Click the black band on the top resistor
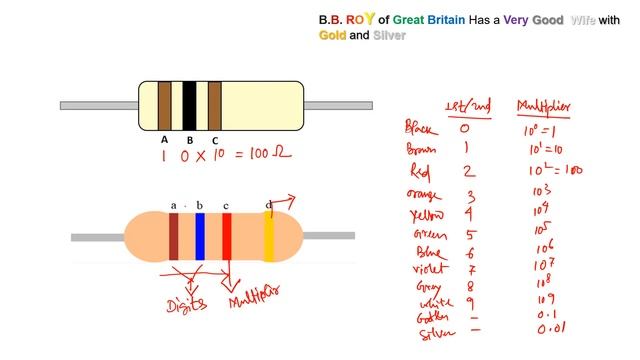tap(189, 105)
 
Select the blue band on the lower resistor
tap(200, 237)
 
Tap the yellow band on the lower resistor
tap(269, 237)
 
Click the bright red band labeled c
tap(227, 237)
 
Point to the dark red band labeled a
tap(174, 237)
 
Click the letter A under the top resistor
tap(164, 140)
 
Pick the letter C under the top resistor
tap(214, 141)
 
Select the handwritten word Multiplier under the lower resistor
tap(254, 297)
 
